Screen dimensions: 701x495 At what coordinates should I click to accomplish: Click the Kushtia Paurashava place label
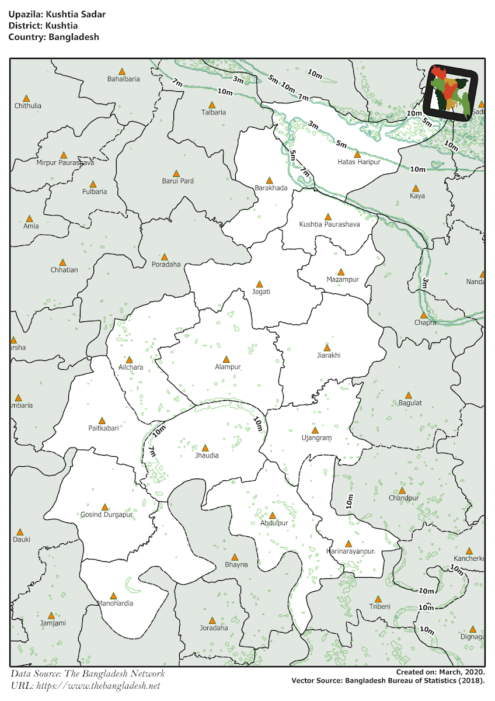pos(329,224)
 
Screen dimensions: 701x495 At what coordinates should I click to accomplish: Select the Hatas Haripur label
pos(358,162)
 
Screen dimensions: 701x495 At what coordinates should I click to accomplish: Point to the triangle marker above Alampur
pos(226,358)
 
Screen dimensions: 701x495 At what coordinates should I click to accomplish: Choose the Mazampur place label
pos(342,280)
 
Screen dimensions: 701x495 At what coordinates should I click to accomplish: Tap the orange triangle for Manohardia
pos(114,595)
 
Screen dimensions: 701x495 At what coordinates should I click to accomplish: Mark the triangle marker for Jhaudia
pos(205,447)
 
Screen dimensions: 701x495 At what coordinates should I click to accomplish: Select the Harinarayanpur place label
pos(350,551)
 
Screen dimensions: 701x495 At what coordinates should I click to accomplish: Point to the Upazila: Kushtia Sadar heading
pos(57,14)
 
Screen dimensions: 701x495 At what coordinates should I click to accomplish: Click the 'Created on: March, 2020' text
pos(440,672)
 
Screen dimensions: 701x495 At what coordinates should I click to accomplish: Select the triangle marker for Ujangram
pos(315,430)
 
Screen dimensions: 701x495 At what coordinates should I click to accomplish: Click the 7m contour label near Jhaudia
pos(151,453)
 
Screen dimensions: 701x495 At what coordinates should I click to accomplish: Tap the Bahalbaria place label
pos(123,79)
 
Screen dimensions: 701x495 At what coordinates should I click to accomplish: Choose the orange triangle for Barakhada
pos(269,181)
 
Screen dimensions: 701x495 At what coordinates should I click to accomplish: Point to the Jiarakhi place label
pos(328,355)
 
